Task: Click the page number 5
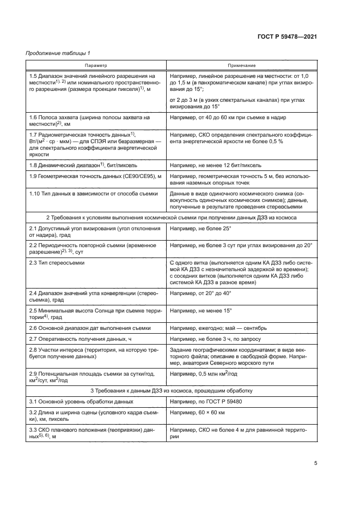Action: (315, 464)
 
